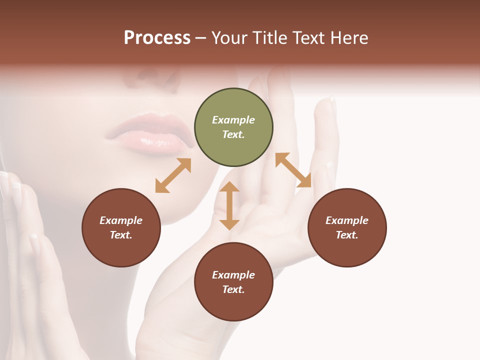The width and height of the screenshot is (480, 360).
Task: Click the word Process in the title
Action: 157,38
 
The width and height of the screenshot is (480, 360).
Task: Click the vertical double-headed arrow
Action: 229,205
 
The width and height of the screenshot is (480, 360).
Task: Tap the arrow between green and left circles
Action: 173,175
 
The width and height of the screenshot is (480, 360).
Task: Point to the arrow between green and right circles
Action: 293,170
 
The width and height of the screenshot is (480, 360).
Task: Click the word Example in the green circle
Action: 233,120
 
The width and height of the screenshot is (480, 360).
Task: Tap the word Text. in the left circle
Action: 121,235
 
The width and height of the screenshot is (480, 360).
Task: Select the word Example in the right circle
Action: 347,220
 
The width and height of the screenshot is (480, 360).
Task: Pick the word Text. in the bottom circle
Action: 233,289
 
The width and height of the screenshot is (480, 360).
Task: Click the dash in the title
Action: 201,38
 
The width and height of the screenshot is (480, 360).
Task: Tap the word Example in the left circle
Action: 121,220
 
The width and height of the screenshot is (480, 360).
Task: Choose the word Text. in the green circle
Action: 233,134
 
